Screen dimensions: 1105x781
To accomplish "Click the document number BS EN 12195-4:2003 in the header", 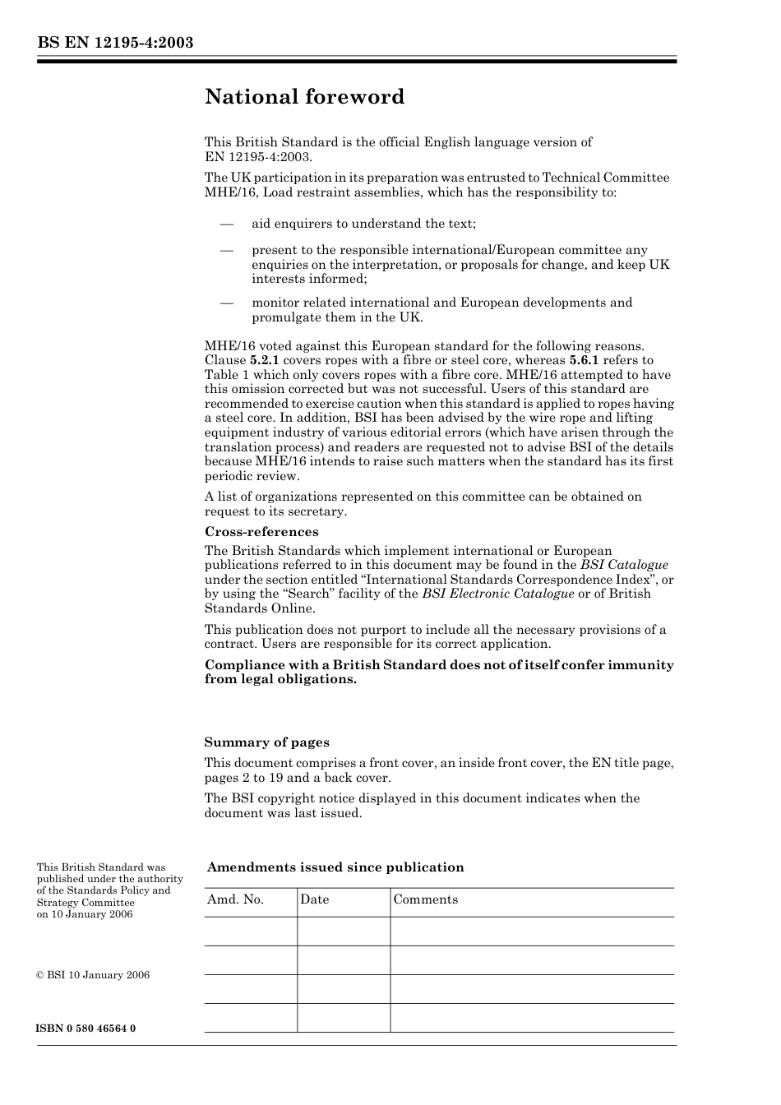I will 115,43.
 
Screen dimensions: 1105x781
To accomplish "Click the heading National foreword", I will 304,97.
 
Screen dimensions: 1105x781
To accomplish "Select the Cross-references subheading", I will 261,532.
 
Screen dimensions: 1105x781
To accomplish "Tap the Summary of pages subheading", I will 266,742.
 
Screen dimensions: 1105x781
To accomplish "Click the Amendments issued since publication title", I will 335,867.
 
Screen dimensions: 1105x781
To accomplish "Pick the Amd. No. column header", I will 235,899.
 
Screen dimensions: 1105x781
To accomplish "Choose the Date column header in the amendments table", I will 314,899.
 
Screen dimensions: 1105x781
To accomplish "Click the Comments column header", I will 425,899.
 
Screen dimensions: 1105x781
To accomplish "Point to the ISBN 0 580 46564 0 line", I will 86,1029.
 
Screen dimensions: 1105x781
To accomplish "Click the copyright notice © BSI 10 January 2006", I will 93,975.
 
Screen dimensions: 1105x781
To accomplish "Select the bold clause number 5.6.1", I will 584,360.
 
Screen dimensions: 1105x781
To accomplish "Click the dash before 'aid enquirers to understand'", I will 227,224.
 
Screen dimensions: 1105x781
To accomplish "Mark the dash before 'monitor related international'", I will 227,303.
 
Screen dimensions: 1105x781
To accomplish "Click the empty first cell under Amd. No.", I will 250,931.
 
